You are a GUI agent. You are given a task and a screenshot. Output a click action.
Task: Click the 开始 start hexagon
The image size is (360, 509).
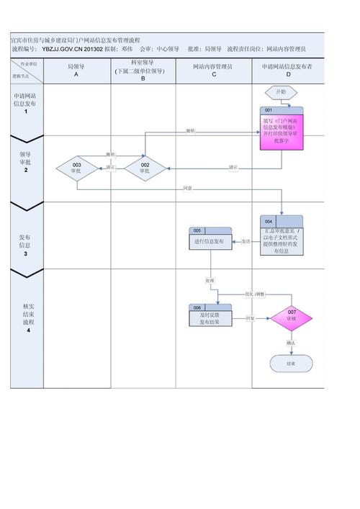tap(278, 92)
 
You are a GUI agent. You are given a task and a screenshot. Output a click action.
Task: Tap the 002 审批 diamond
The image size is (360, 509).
tap(145, 168)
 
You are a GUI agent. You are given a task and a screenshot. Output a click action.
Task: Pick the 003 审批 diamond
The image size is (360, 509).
tap(76, 168)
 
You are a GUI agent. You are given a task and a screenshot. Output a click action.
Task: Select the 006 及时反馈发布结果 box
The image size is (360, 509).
tap(211, 316)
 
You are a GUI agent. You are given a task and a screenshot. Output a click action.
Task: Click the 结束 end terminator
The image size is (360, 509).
tap(291, 364)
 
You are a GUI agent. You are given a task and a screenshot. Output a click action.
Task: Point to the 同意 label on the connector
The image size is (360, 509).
tap(188, 189)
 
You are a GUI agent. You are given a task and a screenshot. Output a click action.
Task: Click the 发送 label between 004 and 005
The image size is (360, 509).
tap(246, 241)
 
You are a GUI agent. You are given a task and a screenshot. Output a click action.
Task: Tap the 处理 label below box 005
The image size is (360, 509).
tap(210, 280)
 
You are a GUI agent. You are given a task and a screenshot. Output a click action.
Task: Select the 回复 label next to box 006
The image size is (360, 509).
tap(250, 317)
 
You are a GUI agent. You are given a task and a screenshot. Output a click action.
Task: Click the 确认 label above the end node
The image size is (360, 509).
tap(291, 343)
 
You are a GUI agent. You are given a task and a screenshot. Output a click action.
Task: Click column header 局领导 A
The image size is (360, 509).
tap(76, 70)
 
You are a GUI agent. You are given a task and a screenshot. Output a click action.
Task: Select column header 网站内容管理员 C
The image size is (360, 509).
tap(212, 70)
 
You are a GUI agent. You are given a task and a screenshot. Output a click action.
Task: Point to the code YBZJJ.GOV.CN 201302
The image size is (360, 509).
tap(72, 49)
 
